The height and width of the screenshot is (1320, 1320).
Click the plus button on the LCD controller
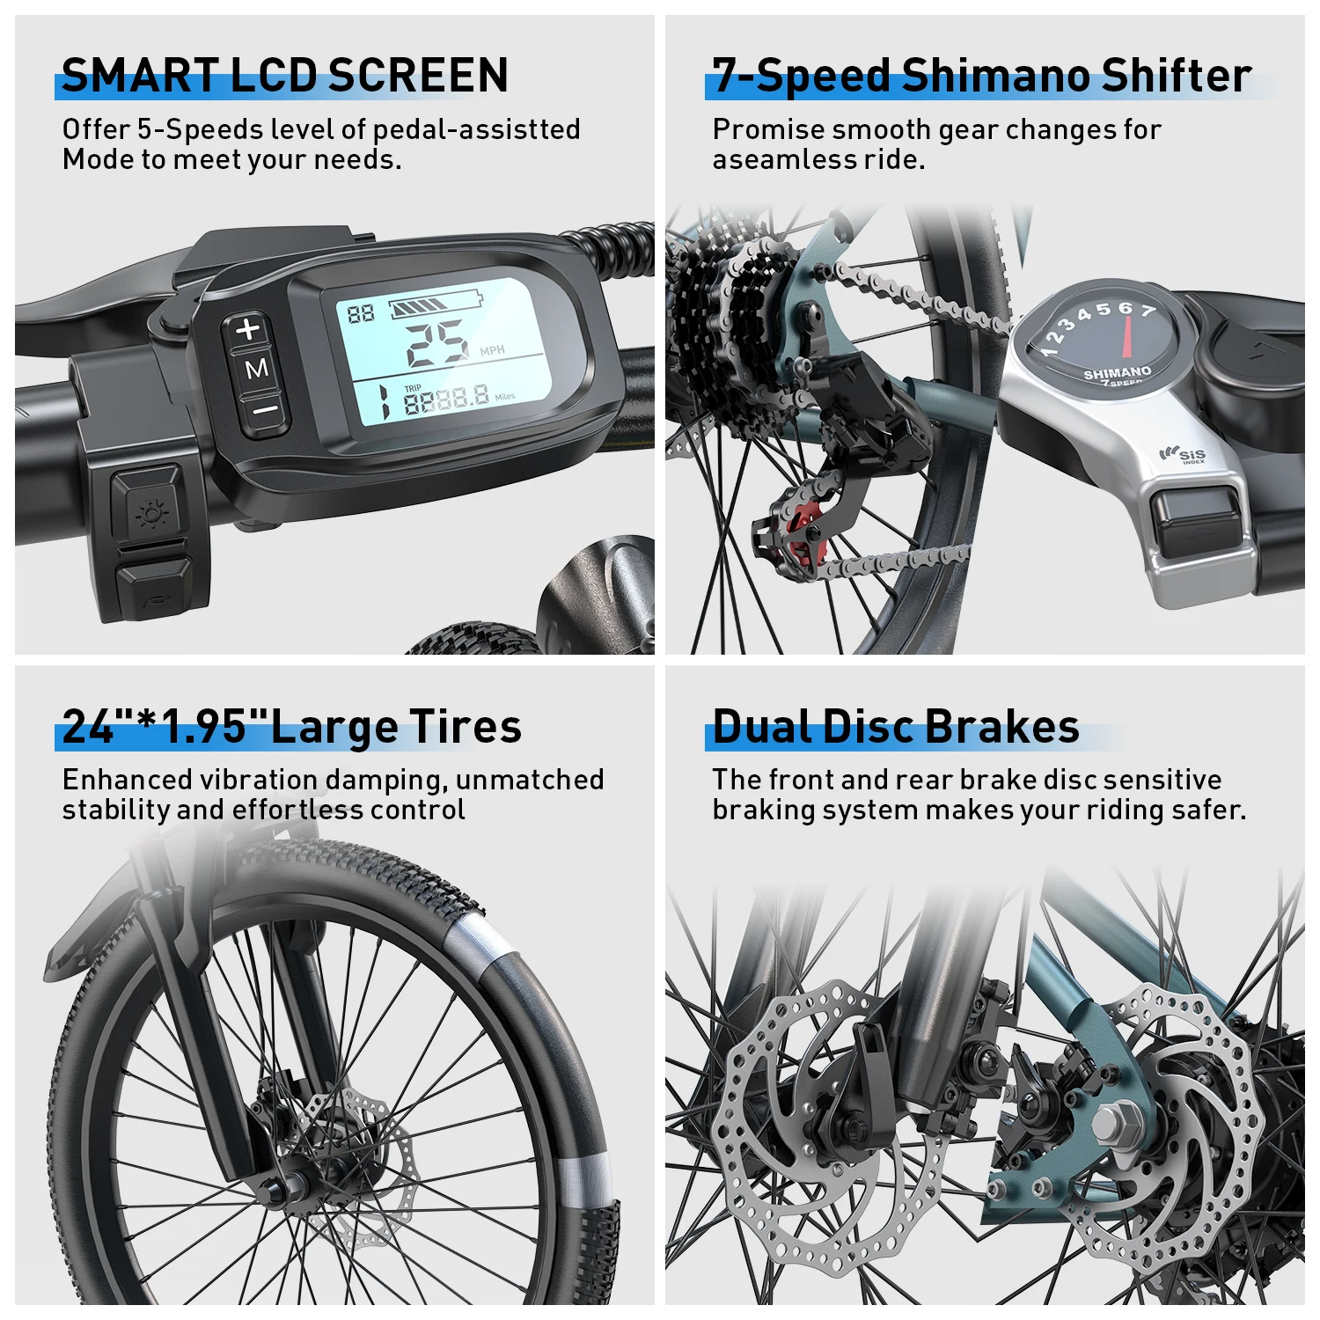(x=249, y=329)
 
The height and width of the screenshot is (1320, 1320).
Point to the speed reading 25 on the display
(x=436, y=342)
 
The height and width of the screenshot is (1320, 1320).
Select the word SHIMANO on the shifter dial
(x=1117, y=372)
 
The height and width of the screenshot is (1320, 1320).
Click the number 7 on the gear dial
(x=1148, y=311)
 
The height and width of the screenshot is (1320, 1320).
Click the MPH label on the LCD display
(x=492, y=351)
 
